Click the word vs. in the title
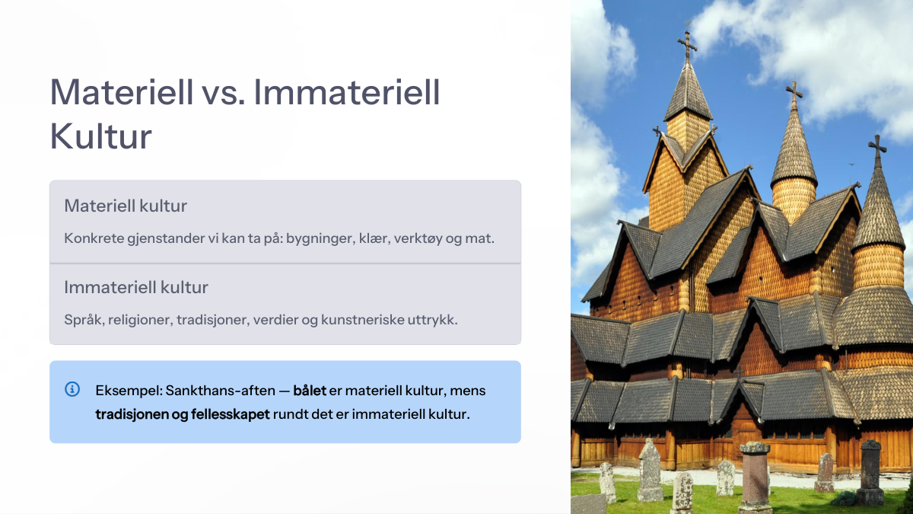[x=223, y=93]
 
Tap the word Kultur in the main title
[x=100, y=136]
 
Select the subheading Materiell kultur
[x=126, y=206]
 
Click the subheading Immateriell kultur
[x=136, y=288]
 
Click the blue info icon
[x=72, y=389]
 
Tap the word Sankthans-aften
[x=221, y=391]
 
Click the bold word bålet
[x=310, y=391]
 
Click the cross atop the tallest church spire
[x=687, y=43]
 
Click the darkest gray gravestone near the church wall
[x=870, y=472]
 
